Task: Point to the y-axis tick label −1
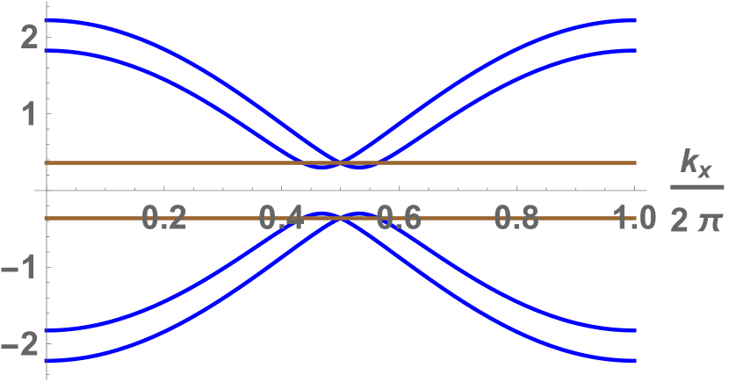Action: (x=22, y=268)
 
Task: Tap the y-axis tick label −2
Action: (x=22, y=344)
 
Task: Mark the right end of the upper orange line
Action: (x=636, y=162)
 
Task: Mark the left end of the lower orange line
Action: (x=46, y=218)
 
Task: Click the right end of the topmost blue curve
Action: (x=636, y=19)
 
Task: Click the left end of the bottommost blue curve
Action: (x=46, y=360)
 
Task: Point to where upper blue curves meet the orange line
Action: (x=341, y=162)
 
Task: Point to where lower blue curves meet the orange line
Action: (x=341, y=218)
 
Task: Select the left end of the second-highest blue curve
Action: (x=46, y=50)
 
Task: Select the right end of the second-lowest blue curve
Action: (x=636, y=330)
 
